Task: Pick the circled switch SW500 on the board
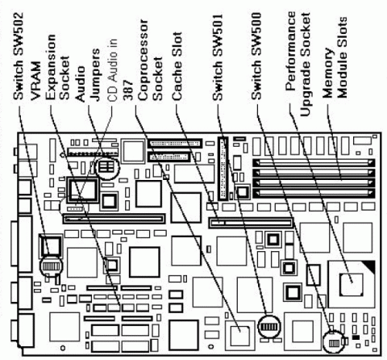click(332, 340)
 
